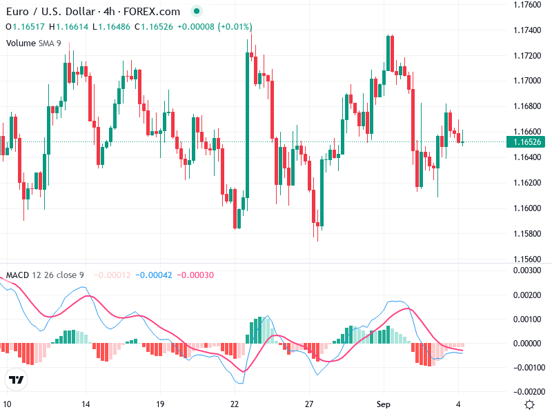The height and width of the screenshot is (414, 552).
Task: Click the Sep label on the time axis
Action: (x=383, y=404)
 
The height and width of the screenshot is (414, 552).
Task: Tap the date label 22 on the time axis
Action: (x=235, y=404)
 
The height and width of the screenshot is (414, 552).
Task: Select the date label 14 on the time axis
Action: (x=86, y=404)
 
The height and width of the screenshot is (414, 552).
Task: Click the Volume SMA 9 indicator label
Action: (x=34, y=43)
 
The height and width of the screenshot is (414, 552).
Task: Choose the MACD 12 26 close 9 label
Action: (x=45, y=275)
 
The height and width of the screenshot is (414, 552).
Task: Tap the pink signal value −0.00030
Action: (x=195, y=275)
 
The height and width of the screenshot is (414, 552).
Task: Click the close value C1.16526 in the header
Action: (x=152, y=27)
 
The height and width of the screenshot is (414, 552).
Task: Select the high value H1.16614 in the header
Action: (x=68, y=27)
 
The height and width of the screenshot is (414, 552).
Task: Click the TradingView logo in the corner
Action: (x=16, y=379)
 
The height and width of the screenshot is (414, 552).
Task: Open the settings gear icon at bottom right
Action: (x=529, y=404)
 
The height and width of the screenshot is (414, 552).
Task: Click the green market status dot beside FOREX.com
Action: (x=197, y=12)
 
